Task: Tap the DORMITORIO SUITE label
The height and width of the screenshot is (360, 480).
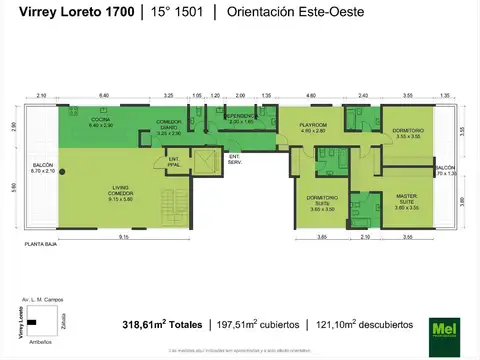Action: [x=322, y=203]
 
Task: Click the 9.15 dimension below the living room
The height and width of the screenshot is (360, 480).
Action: [x=122, y=236]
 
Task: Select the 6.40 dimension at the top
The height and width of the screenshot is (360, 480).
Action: [x=104, y=94]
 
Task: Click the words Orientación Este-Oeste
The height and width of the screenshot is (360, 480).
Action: [x=310, y=12]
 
